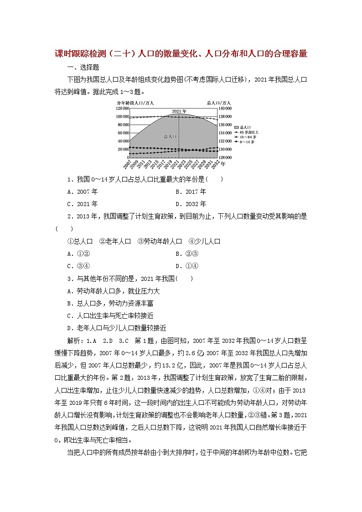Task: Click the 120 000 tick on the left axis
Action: pos(122,109)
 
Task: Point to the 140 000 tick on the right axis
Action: pos(225,109)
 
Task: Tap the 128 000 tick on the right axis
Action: pos(225,157)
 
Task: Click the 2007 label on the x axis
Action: pos(127,163)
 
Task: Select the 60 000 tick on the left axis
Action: pos(123,133)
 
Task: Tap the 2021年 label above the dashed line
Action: pos(179,111)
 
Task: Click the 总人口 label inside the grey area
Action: pos(170,136)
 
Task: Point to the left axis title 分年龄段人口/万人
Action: pos(132,103)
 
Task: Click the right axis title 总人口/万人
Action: pos(218,103)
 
